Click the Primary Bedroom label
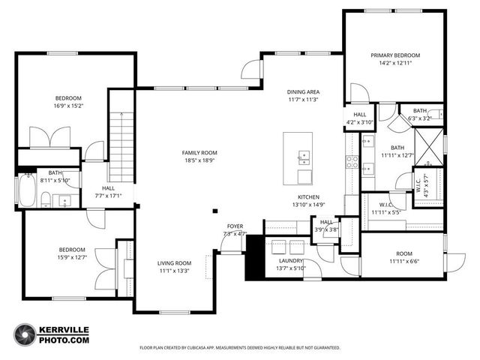tap(395, 55)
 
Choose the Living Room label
tap(174, 263)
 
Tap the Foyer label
tap(235, 226)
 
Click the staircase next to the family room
tap(121, 135)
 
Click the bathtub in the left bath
tap(25, 190)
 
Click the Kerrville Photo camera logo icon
tap(25, 334)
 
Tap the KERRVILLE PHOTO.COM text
tap(65, 334)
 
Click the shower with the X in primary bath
tap(429, 146)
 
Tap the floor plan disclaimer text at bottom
tap(240, 348)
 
